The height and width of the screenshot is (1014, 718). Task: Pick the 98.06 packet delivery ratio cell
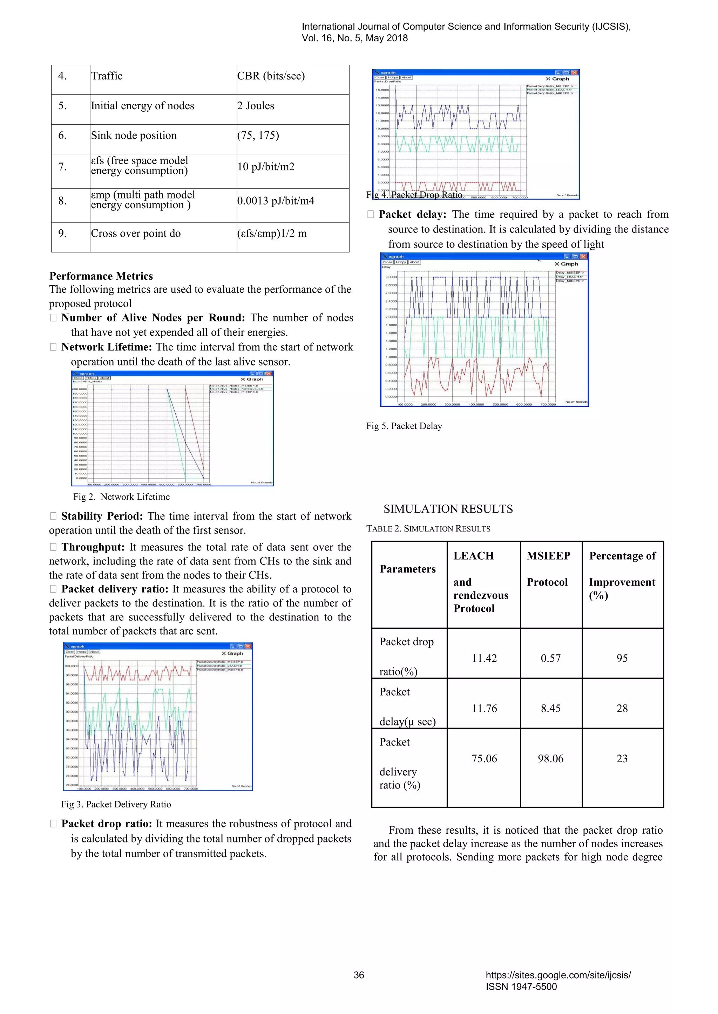click(550, 758)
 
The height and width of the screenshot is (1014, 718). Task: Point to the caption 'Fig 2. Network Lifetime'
click(122, 497)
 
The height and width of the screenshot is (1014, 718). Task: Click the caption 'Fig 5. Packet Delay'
click(404, 426)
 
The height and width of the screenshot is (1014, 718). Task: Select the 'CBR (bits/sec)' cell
click(271, 76)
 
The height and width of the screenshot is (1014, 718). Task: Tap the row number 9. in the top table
click(62, 234)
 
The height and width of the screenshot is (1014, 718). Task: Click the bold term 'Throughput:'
click(93, 547)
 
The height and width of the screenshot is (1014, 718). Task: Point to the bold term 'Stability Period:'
click(102, 516)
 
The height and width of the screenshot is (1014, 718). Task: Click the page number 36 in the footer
click(359, 975)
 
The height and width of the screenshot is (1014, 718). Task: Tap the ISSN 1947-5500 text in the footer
click(521, 987)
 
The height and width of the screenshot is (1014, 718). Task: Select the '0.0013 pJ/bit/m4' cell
click(276, 201)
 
